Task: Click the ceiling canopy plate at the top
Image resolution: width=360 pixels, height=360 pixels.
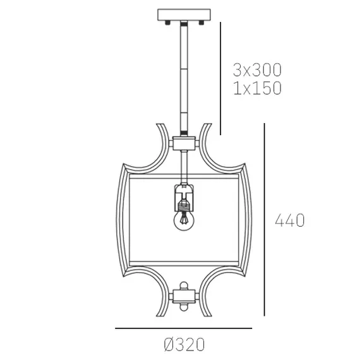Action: pyautogui.click(x=183, y=14)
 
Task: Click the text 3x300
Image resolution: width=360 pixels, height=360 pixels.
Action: pyautogui.click(x=256, y=69)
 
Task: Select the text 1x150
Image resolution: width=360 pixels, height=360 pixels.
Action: pyautogui.click(x=256, y=88)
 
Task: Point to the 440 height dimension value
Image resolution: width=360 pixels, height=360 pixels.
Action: pyautogui.click(x=290, y=220)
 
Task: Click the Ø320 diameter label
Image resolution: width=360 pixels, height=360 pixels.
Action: pyautogui.click(x=184, y=345)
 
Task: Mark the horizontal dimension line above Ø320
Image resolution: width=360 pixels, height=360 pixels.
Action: pyautogui.click(x=183, y=328)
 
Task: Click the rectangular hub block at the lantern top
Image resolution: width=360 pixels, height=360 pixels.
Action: pyautogui.click(x=183, y=145)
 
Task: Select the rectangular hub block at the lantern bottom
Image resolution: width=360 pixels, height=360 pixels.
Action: pyautogui.click(x=183, y=296)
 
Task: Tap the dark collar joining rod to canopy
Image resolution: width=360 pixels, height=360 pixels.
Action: pyautogui.click(x=183, y=23)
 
